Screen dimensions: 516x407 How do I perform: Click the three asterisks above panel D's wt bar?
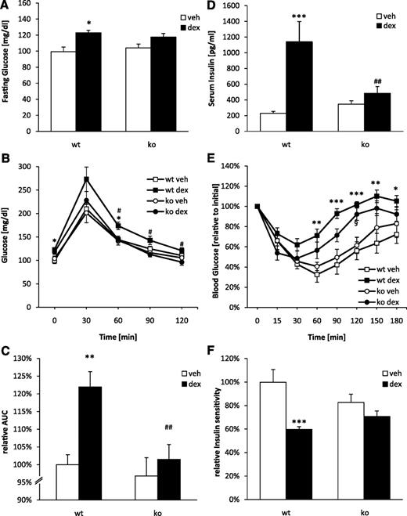click(x=300, y=16)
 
